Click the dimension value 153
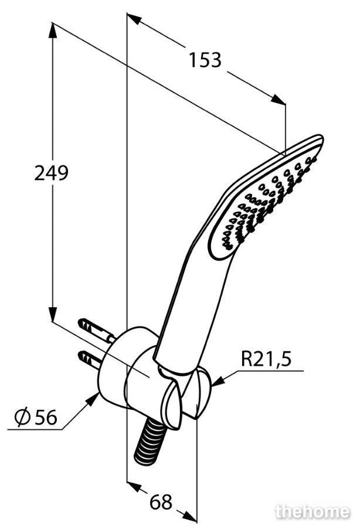point(205,60)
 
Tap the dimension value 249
point(52,173)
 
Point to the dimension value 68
point(161,502)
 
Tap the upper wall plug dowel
point(97,329)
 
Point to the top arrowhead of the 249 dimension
point(52,30)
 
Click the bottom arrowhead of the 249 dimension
point(52,314)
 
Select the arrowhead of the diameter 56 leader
point(91,400)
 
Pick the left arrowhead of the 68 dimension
point(134,487)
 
